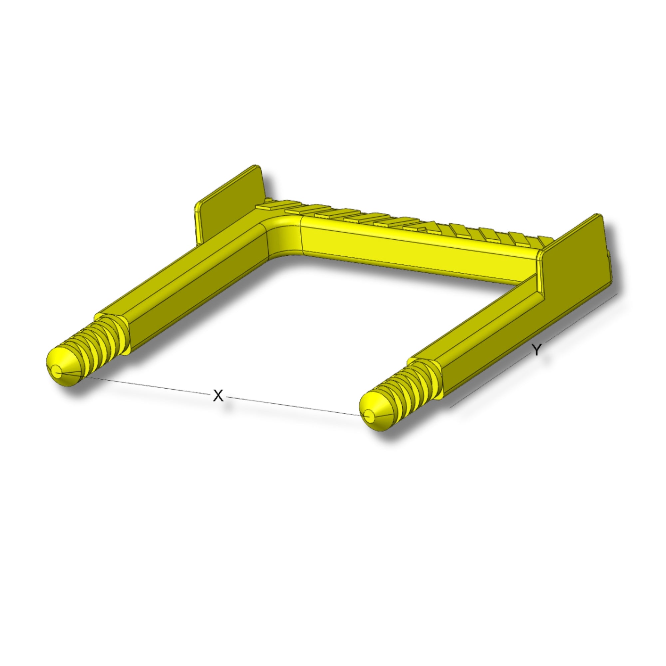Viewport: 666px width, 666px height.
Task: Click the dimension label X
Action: (218, 396)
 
